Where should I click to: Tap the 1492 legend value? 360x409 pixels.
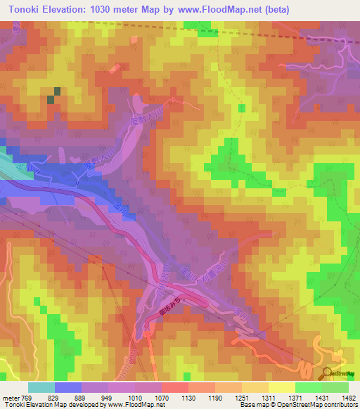(x=349, y=398)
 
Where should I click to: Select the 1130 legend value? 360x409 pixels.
(x=189, y=398)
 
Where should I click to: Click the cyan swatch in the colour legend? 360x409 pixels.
(x=41, y=387)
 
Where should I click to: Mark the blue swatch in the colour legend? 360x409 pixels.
(x=67, y=387)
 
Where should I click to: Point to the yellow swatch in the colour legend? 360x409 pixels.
(x=281, y=387)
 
